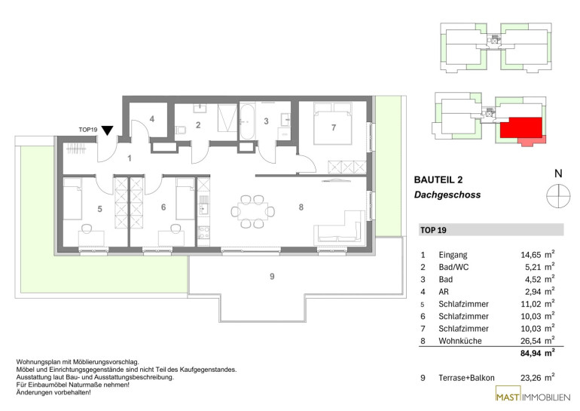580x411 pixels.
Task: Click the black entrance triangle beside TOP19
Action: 107,130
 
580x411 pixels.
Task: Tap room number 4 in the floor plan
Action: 152,119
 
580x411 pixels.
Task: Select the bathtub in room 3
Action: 247,121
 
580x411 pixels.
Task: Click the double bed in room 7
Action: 332,124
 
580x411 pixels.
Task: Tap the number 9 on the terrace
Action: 272,276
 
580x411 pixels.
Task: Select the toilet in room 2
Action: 181,130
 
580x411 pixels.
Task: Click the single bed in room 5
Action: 72,198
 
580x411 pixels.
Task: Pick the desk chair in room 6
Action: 176,228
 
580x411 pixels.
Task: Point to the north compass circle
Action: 558,195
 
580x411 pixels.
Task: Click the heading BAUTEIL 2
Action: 438,180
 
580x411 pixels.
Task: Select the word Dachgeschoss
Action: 447,195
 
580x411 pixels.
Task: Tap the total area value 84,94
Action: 531,353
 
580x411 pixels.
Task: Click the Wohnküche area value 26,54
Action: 531,341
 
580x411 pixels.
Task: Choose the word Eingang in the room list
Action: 453,255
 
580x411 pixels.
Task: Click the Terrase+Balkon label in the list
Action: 466,378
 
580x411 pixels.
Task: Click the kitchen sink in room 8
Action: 203,210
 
